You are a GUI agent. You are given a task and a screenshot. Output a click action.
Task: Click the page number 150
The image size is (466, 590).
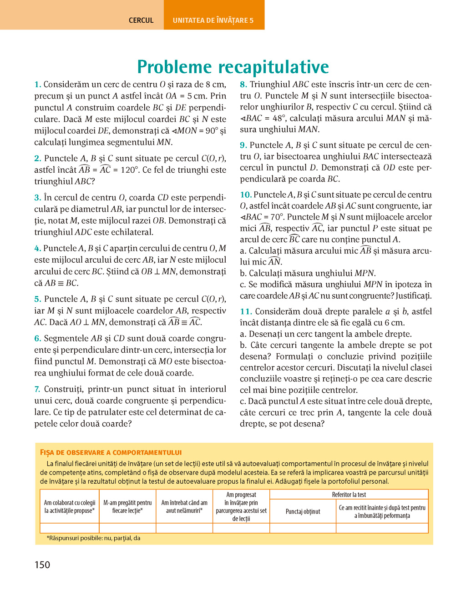[42, 565]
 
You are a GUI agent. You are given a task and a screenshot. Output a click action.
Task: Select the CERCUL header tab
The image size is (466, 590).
[141, 20]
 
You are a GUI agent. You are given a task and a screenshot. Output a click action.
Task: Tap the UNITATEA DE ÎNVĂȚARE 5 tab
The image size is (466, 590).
[213, 20]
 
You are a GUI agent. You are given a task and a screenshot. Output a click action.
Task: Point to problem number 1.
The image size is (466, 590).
[38, 85]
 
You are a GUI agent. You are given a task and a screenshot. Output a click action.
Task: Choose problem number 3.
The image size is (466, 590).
[38, 198]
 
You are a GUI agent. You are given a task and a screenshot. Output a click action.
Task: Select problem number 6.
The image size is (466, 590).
[38, 339]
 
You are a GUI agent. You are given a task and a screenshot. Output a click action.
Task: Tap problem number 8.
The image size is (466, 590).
[243, 85]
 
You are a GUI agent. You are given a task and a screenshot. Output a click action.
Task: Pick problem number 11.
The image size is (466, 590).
[246, 312]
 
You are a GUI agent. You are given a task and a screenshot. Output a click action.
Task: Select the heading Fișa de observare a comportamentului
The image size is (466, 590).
[111, 452]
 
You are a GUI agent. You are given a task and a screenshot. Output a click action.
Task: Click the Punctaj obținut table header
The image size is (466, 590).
[303, 511]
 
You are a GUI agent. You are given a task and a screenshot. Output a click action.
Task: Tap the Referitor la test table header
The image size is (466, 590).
[349, 495]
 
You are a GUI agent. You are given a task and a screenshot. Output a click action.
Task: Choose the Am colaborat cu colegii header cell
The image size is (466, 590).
[70, 506]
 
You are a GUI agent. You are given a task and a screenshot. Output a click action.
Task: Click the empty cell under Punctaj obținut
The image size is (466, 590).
[303, 528]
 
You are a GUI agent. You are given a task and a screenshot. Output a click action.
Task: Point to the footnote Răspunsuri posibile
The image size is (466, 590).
[94, 538]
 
